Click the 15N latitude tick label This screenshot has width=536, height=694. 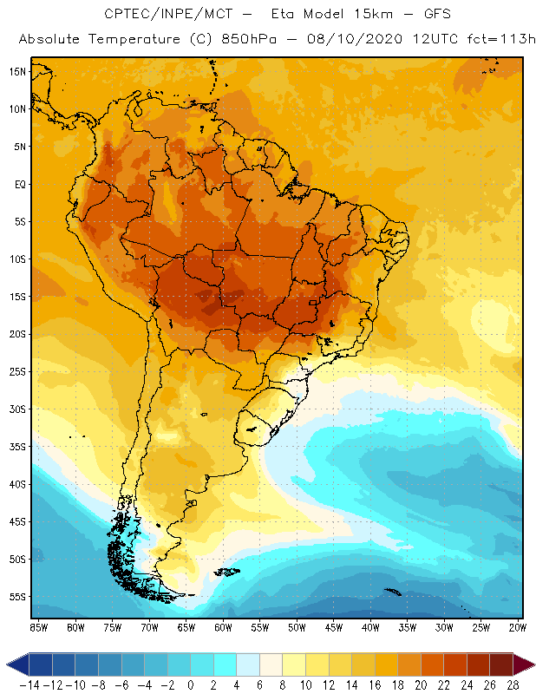click(x=16, y=71)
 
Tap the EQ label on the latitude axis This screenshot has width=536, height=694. click(x=18, y=184)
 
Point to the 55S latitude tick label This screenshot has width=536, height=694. click(x=16, y=597)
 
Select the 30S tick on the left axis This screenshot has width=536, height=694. click(x=16, y=409)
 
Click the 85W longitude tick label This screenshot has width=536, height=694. click(x=38, y=626)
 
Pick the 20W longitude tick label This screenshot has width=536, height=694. click(x=518, y=626)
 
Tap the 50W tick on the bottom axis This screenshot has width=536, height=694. click(x=297, y=626)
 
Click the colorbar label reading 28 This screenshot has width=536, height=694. click(x=512, y=685)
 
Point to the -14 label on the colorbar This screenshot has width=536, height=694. click(x=29, y=685)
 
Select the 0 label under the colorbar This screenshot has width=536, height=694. click(x=191, y=685)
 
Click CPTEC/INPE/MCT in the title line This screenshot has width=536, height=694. click(x=160, y=15)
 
